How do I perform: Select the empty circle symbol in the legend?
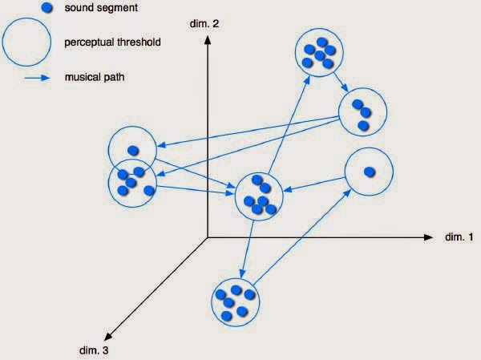point(26,41)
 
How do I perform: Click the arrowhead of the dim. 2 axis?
point(208,43)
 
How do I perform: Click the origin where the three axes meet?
point(208,237)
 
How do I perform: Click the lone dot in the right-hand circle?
point(369,172)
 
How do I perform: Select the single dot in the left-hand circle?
point(133,150)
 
